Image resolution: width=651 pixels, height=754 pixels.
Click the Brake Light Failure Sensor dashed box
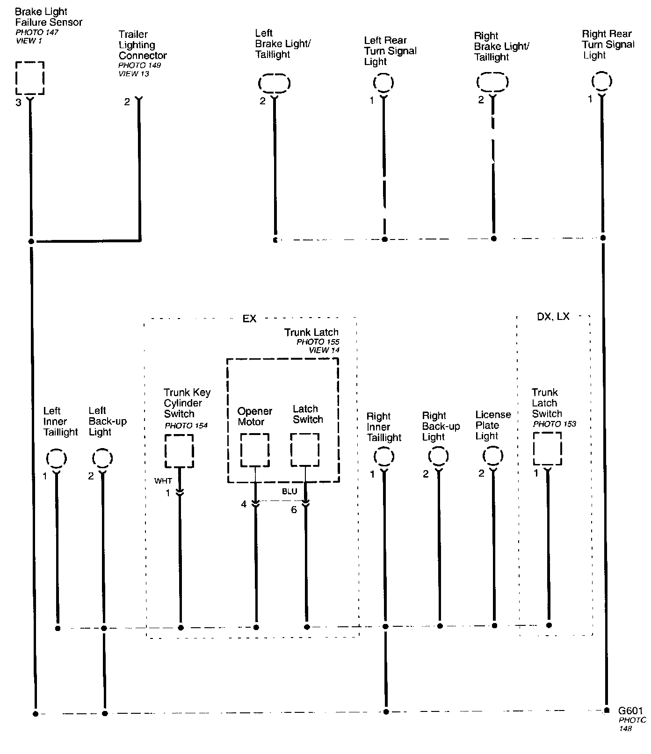[x=30, y=78]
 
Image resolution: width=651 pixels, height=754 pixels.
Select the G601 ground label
[x=630, y=710]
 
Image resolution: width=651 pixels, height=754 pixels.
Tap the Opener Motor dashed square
[x=255, y=450]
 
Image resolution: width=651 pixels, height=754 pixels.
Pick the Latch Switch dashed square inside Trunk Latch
[x=305, y=450]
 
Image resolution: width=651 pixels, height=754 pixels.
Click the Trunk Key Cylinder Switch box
[x=179, y=451]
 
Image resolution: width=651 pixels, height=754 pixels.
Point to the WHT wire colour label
[x=163, y=481]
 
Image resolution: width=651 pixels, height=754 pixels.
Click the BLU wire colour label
[x=289, y=492]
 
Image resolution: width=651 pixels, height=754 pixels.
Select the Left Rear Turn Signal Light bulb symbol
[x=383, y=83]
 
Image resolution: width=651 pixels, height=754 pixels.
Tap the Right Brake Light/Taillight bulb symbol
[x=492, y=82]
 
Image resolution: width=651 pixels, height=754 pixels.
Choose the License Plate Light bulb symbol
[x=492, y=456]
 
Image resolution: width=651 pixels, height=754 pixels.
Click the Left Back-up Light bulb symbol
[x=102, y=458]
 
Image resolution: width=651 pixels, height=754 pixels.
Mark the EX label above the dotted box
[x=249, y=319]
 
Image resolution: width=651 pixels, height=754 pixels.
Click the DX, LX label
[x=553, y=317]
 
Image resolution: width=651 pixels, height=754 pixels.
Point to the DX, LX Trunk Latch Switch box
[x=547, y=449]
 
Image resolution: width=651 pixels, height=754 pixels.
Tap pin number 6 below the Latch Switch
[x=294, y=509]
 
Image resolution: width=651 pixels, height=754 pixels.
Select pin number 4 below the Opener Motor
[x=244, y=504]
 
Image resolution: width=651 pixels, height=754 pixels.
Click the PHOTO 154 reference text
[x=186, y=426]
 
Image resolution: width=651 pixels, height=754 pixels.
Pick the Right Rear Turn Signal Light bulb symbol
[x=601, y=81]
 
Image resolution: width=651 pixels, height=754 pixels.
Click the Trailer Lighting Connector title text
[x=142, y=45]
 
